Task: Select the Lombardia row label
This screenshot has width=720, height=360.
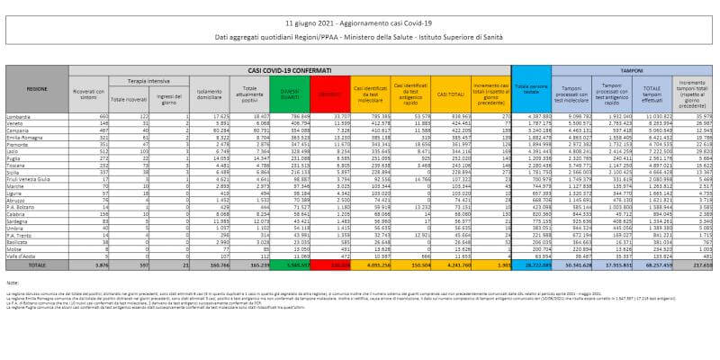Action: tap(37, 116)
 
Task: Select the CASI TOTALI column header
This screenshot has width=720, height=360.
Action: tap(446, 92)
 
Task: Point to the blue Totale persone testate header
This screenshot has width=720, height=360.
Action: tap(535, 92)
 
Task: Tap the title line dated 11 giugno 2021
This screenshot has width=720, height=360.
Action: tap(360, 20)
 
